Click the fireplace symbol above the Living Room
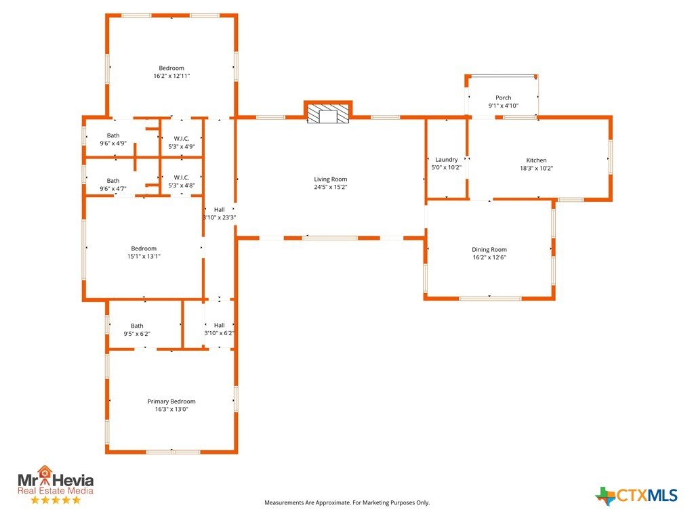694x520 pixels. tap(328, 114)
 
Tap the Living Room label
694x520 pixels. tap(331, 179)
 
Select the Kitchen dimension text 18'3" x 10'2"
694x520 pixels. tap(537, 168)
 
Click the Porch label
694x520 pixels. tap(504, 97)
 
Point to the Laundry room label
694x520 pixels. tap(446, 160)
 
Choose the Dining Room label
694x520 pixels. tap(489, 249)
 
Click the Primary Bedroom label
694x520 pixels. tap(171, 402)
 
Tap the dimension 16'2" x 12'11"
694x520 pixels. tap(171, 76)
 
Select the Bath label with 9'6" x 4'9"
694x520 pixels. tap(113, 135)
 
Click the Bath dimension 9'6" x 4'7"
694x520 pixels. tap(113, 189)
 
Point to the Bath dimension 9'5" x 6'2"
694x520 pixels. tap(137, 334)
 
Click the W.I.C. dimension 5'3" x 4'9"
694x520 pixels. tap(182, 147)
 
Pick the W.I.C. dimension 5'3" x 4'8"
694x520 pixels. tap(182, 186)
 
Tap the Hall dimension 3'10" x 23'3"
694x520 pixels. tap(219, 217)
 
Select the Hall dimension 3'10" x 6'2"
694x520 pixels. tap(219, 333)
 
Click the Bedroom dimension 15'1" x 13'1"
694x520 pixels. tap(144, 257)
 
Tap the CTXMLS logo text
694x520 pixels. tap(647, 495)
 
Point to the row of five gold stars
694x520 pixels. tap(56, 500)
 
